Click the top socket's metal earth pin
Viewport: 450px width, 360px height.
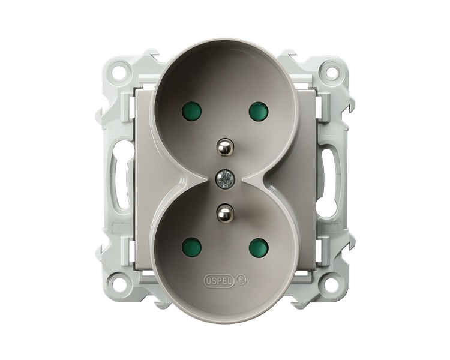pos(224,147)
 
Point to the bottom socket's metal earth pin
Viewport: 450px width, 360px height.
pos(224,212)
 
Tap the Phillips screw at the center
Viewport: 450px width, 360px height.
pos(225,180)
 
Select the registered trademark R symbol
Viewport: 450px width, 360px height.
pos(241,280)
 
